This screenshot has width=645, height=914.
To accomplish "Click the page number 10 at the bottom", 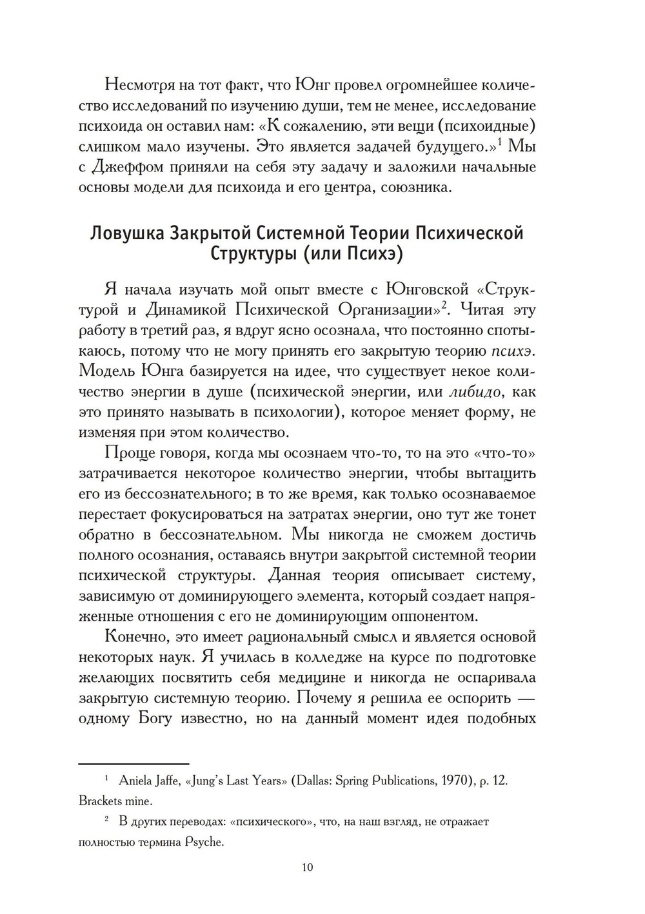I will pyautogui.click(x=307, y=867).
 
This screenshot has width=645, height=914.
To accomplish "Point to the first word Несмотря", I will pyautogui.click(x=143, y=85).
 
